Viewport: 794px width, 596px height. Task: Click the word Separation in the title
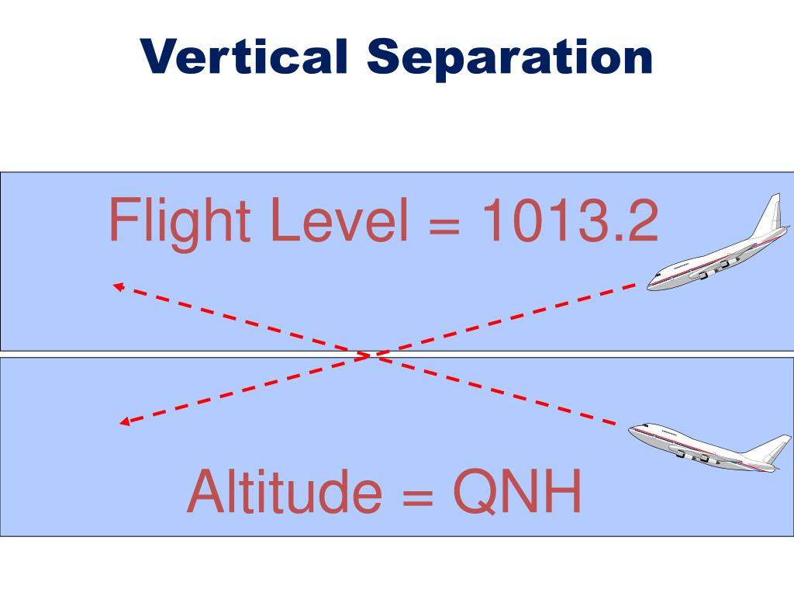point(510,59)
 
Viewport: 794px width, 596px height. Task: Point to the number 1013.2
point(570,220)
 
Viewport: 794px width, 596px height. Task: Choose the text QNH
point(517,492)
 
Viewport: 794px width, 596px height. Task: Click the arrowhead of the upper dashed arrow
point(118,286)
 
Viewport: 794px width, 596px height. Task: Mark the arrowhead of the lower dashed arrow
point(123,422)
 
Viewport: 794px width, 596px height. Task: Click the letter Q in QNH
point(475,493)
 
